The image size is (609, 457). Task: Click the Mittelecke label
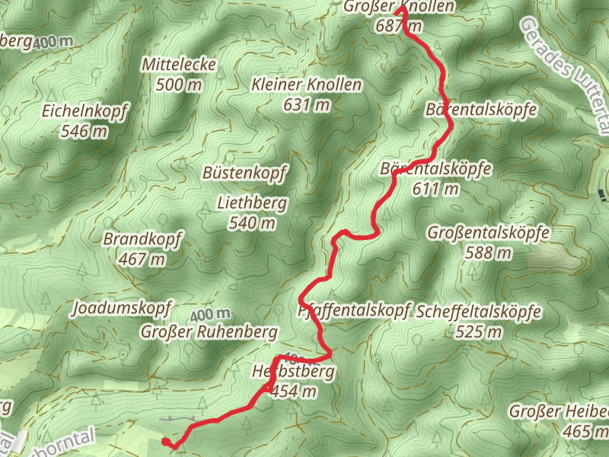pos(179,66)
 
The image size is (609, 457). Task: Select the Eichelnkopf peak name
pos(85,111)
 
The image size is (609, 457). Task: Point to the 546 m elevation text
pos(85,131)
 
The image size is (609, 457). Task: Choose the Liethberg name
pos(252,203)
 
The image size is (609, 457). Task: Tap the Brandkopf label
pos(142,239)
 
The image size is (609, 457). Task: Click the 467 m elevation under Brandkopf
pos(142,259)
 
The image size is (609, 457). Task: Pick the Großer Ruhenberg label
pos(209,332)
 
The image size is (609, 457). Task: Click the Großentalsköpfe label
pos(489,232)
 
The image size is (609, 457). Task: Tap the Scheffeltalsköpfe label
pos(479,312)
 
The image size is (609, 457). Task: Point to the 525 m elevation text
pos(479,331)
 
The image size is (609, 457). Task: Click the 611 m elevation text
pos(435,188)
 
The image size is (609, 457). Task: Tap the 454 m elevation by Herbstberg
pos(294,391)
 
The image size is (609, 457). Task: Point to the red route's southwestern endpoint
pos(166,441)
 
